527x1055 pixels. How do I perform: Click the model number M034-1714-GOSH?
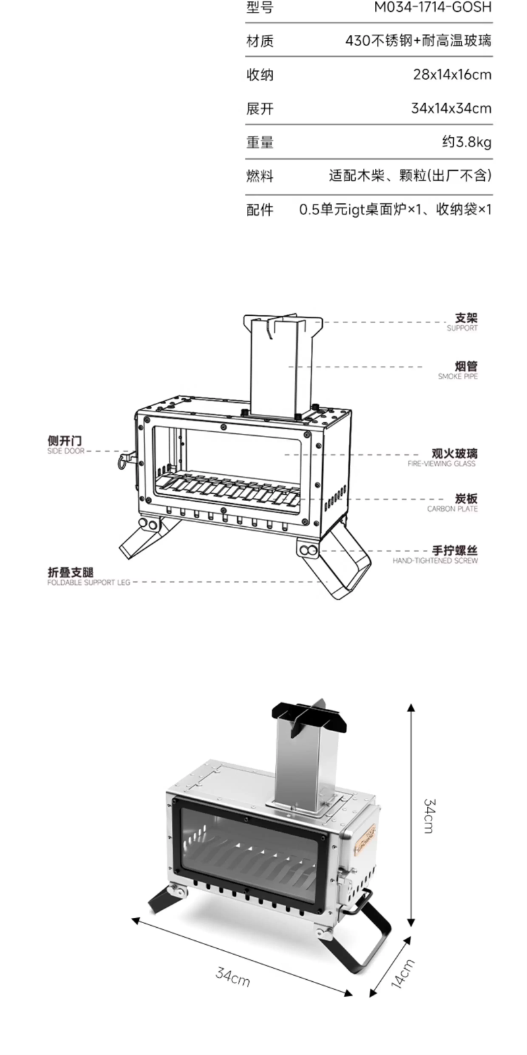(432, 7)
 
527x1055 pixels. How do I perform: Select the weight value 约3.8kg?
(467, 142)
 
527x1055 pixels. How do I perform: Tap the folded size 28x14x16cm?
(452, 75)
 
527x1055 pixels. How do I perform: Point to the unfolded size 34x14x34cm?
(451, 108)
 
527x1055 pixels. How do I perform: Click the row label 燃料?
(260, 176)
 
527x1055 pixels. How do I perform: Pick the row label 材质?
(260, 41)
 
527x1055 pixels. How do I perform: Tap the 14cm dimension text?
(402, 974)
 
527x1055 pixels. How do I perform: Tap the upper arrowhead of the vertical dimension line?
(411, 708)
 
